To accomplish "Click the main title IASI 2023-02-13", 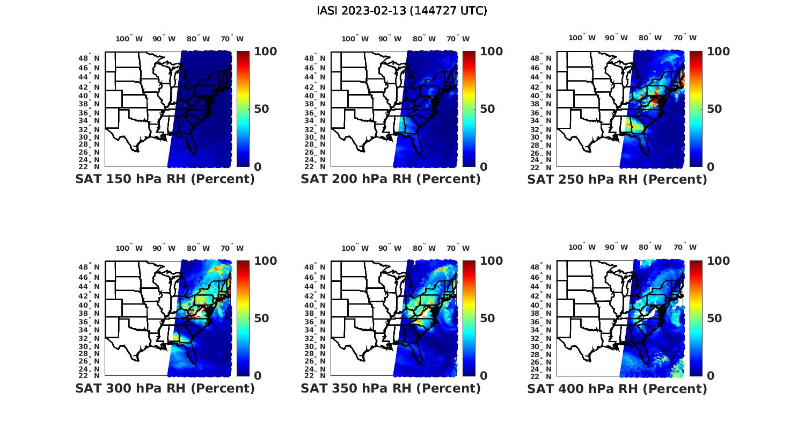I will [x=402, y=11].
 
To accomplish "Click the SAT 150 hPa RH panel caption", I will [x=165, y=179].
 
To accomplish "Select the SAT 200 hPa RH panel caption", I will [x=391, y=179].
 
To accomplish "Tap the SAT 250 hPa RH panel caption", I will [x=617, y=179].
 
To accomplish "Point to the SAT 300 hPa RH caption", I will [x=165, y=388].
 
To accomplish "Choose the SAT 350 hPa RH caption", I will [x=391, y=388].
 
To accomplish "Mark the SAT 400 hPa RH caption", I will [x=617, y=388].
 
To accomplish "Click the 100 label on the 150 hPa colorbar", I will [x=265, y=52].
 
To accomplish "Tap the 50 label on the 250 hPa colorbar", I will [x=714, y=109].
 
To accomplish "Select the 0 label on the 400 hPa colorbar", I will [x=711, y=376].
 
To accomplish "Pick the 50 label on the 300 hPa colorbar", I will [x=261, y=318].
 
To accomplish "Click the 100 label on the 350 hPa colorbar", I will [x=491, y=261].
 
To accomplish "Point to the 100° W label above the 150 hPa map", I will [x=129, y=39].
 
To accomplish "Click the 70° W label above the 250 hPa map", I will [x=685, y=38].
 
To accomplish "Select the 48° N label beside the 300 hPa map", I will [x=90, y=267].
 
